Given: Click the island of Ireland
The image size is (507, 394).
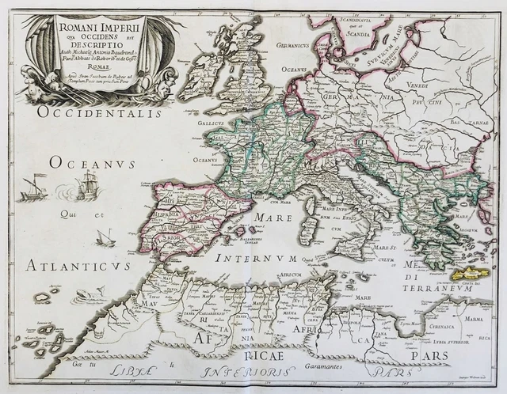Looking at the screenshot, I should [x=200, y=77].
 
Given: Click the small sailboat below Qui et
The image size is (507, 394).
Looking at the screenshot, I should [x=105, y=237].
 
